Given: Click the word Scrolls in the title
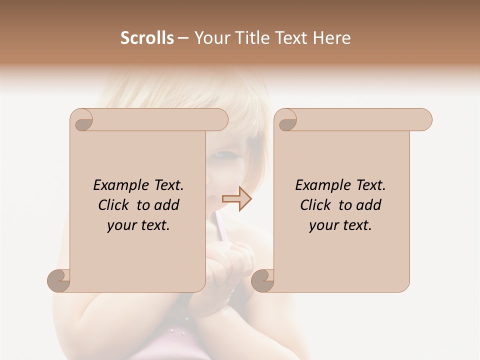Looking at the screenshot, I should (147, 37).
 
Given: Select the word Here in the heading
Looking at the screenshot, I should (332, 37).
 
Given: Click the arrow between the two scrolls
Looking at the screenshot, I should (237, 199).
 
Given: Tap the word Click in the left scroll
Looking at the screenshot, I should (115, 205).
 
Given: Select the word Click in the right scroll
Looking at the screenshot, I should (317, 205).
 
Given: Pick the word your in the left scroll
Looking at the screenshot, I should (121, 225).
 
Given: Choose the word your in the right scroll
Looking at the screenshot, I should (323, 225).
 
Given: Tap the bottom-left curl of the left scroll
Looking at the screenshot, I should (59, 280).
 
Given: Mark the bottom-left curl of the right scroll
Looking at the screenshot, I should (262, 280).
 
